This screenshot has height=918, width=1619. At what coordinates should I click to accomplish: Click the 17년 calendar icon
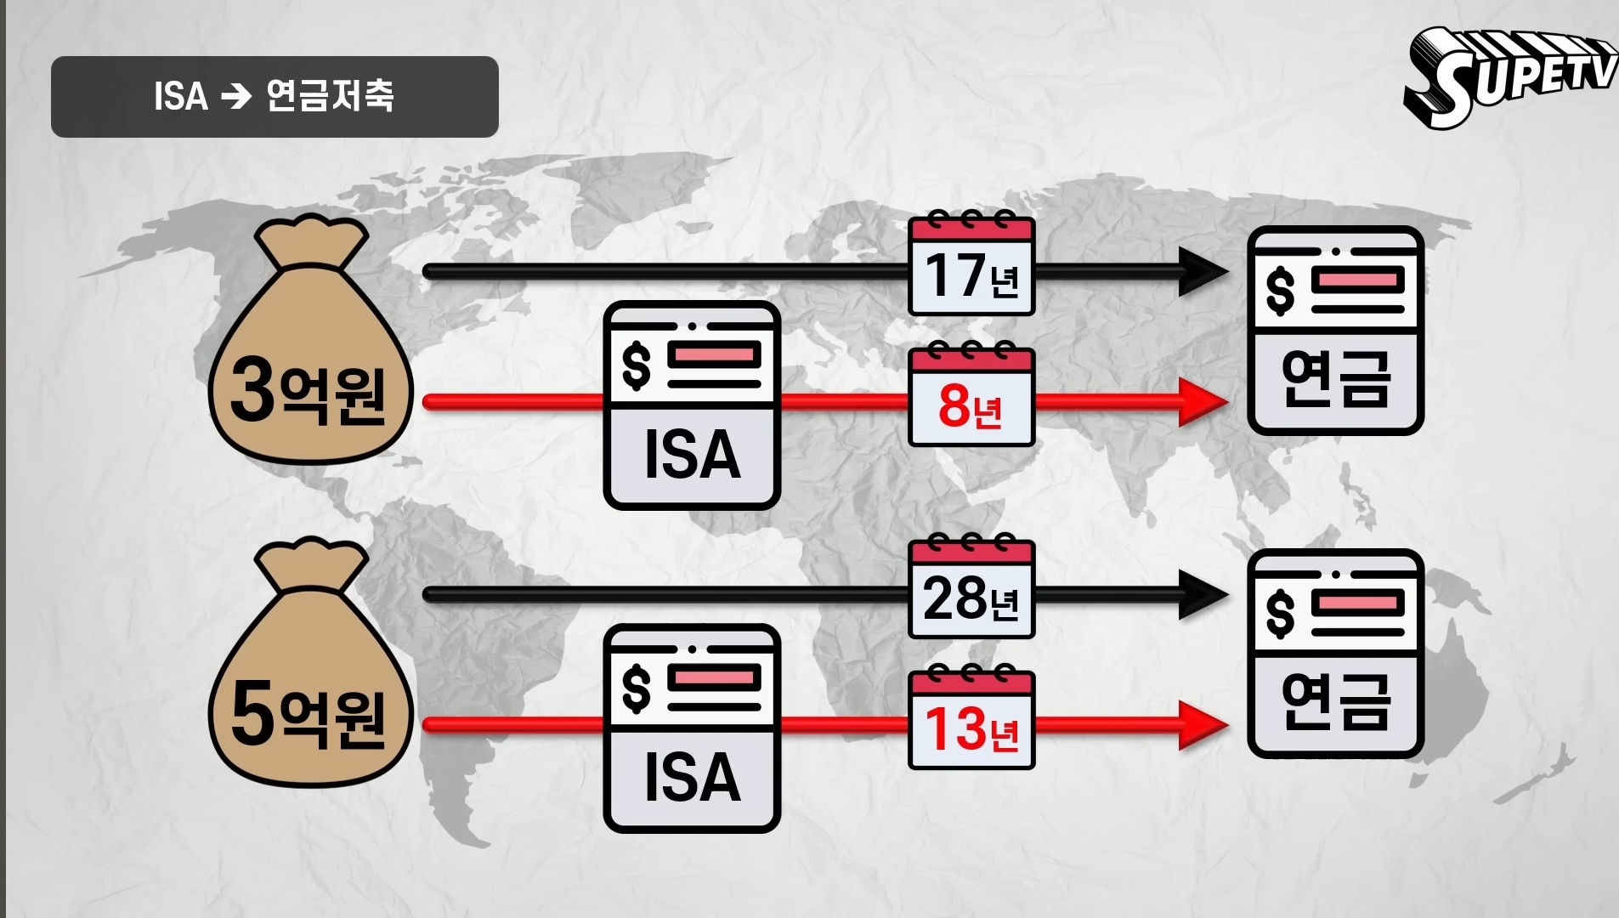(x=971, y=266)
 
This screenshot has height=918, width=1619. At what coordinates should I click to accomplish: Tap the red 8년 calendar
(x=971, y=397)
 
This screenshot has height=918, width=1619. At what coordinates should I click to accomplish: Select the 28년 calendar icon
(x=971, y=589)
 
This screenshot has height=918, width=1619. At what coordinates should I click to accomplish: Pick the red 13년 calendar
(x=971, y=720)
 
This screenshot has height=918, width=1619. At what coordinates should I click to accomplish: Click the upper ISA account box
(x=692, y=405)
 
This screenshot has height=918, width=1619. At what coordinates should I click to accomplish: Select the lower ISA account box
(x=692, y=728)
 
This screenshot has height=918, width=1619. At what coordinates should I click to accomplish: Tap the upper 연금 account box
(x=1335, y=331)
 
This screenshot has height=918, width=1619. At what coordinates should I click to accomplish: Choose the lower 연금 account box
(x=1335, y=654)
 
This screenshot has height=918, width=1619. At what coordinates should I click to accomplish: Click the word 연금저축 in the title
(x=330, y=96)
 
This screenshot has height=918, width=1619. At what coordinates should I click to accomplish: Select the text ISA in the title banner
(x=181, y=97)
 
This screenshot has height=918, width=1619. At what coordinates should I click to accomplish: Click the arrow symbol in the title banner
(x=236, y=97)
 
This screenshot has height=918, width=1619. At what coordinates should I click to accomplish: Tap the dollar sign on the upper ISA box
(x=636, y=365)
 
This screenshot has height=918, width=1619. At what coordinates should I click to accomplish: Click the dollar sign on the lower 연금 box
(x=1280, y=614)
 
